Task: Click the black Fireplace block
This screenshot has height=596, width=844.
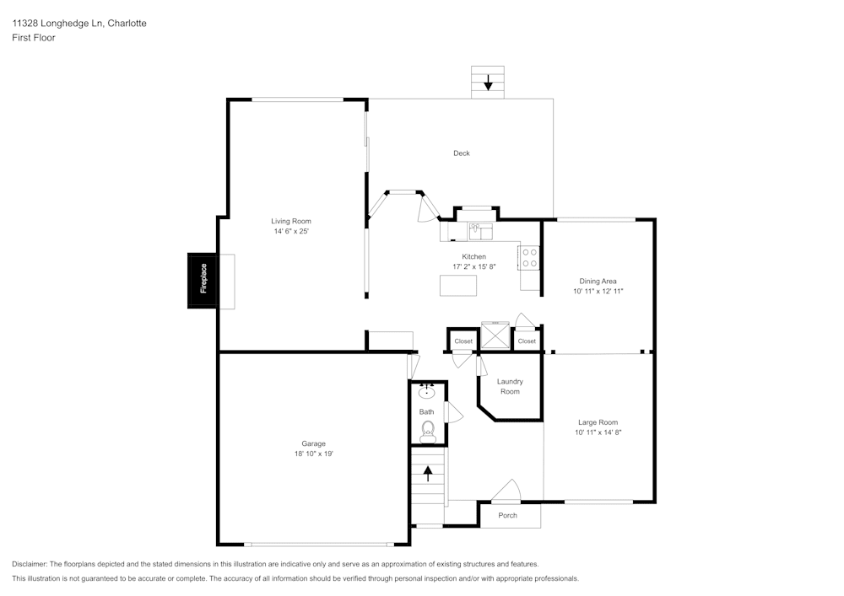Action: [x=202, y=281]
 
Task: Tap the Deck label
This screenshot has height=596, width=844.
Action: [x=462, y=153]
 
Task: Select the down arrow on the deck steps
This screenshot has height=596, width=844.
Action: [x=488, y=83]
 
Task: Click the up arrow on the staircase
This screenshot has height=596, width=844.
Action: [x=428, y=474]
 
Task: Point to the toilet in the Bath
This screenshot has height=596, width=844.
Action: [x=428, y=432]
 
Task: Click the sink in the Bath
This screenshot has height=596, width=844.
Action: [x=427, y=391]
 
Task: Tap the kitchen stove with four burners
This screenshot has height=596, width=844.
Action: [x=529, y=257]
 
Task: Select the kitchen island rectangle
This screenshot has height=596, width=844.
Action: [x=458, y=286]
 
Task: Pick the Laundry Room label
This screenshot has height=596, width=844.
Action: [x=510, y=386]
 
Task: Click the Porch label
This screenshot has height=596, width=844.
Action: [x=507, y=515]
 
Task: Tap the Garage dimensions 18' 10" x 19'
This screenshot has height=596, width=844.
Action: [x=314, y=454]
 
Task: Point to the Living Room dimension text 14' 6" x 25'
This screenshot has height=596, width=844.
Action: [x=291, y=231]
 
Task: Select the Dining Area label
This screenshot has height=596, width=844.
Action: [x=598, y=281]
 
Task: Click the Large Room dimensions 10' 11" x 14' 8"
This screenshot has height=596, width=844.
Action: [x=598, y=432]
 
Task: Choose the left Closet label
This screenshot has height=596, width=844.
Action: [x=463, y=341]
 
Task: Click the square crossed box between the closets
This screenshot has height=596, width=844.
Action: [x=495, y=336]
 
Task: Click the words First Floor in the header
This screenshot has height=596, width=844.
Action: [x=34, y=38]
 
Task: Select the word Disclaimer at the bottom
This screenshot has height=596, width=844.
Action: [x=30, y=564]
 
